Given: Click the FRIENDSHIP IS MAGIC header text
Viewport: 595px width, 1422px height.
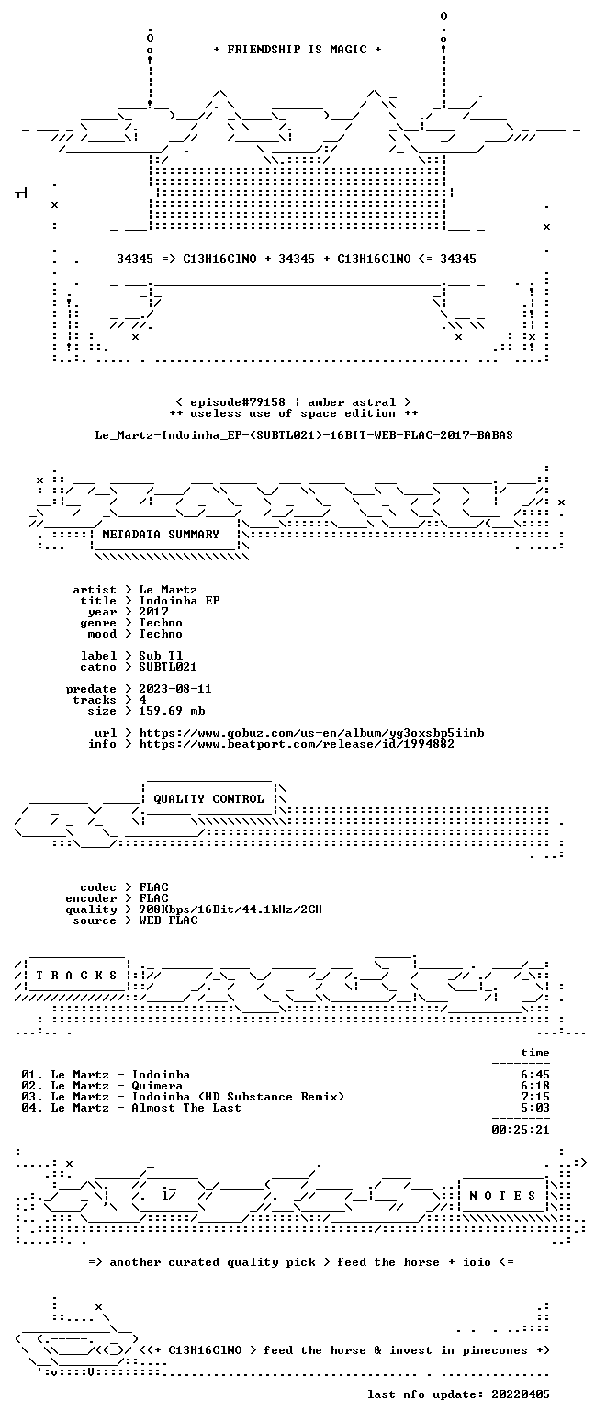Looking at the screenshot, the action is pyautogui.click(x=297, y=50).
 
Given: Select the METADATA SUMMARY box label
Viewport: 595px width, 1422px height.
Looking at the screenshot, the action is pyautogui.click(x=161, y=535).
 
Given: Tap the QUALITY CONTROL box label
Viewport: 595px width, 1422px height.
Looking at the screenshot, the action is pyautogui.click(x=208, y=799).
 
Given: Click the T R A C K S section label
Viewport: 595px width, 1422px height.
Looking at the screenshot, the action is pyautogui.click(x=77, y=976).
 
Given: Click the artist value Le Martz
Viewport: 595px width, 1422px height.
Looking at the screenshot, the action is pyautogui.click(x=168, y=590).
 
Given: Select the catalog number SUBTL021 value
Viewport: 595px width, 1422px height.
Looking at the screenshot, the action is pyautogui.click(x=168, y=667).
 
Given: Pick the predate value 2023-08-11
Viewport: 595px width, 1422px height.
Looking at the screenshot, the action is pyautogui.click(x=175, y=689).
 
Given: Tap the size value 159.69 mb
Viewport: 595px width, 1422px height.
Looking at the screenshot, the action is pyautogui.click(x=172, y=711).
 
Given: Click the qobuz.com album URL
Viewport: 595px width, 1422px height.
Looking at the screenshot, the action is pyautogui.click(x=311, y=733).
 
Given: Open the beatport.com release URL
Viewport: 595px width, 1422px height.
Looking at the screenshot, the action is pyautogui.click(x=297, y=744).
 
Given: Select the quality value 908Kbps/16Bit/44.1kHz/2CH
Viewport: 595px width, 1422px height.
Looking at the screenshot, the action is pyautogui.click(x=230, y=909).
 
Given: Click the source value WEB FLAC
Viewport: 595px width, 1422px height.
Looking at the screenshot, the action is pyautogui.click(x=168, y=920).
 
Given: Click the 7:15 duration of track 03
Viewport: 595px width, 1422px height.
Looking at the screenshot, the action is pyautogui.click(x=535, y=1097).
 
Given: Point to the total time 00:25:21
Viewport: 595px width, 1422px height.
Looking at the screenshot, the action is pyautogui.click(x=521, y=1130).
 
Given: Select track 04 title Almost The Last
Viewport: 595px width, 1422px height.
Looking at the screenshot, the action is pyautogui.click(x=186, y=1108).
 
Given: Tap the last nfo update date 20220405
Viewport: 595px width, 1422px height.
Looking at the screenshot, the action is pyautogui.click(x=521, y=1394).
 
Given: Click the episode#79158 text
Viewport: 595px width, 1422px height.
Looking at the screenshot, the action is pyautogui.click(x=238, y=402).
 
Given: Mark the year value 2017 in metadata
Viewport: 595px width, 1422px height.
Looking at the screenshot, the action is pyautogui.click(x=153, y=612).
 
